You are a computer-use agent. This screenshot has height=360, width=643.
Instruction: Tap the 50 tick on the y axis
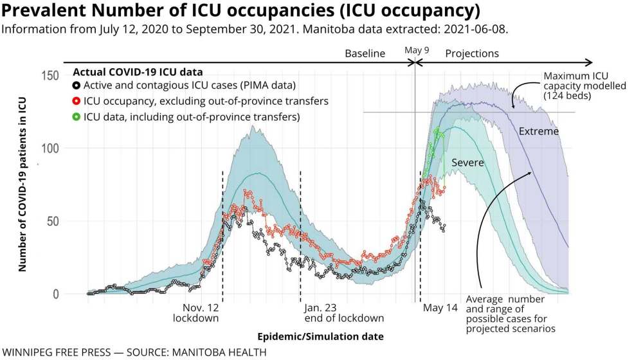53,221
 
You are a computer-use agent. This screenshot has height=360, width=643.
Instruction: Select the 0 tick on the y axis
56,294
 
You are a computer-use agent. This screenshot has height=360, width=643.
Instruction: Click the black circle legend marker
77,85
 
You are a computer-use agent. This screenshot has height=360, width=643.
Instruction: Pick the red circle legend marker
77,101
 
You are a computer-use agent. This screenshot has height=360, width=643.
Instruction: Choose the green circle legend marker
77,116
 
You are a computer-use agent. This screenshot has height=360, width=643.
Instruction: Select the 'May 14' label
440,308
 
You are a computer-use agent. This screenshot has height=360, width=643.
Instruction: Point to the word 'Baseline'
365,54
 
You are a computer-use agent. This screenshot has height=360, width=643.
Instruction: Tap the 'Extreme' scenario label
539,132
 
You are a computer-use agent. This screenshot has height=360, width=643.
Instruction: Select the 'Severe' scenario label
467,163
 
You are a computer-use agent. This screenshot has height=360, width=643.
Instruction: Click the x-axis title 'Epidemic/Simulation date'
320,336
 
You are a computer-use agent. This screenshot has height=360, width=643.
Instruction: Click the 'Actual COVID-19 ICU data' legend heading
138,72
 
